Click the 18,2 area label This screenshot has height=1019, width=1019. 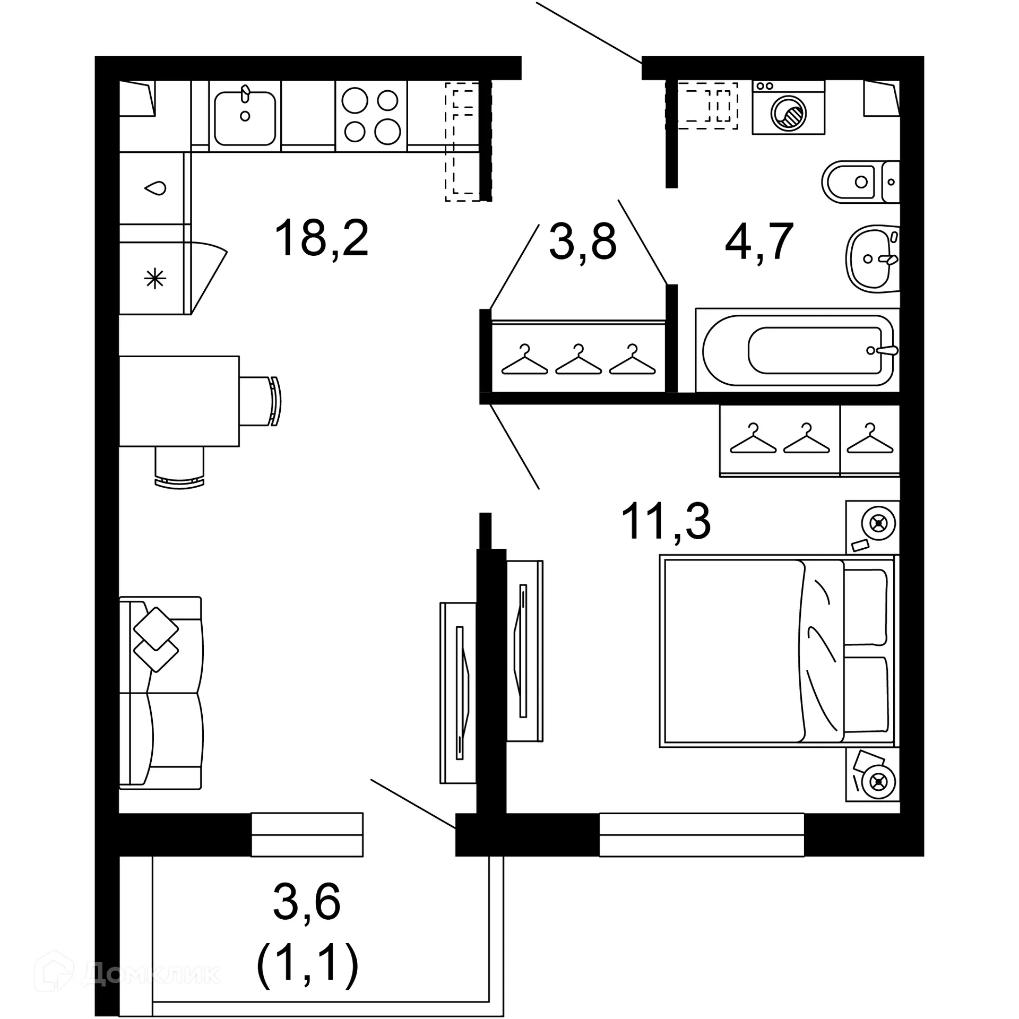click(x=322, y=239)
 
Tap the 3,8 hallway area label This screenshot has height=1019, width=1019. click(x=582, y=242)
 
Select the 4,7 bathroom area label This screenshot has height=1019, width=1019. click(x=759, y=242)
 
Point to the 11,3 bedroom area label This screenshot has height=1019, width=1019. click(x=666, y=522)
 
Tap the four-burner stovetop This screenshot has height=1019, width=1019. click(x=371, y=116)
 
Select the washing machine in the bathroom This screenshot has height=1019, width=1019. click(x=788, y=107)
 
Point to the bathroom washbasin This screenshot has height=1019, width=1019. click(x=870, y=258)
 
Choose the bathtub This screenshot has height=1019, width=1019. click(x=798, y=350)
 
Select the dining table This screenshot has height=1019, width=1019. click(x=179, y=401)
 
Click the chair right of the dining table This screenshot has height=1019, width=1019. click(x=259, y=401)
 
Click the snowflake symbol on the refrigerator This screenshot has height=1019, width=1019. click(x=155, y=278)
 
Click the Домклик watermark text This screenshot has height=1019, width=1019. click(x=151, y=973)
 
